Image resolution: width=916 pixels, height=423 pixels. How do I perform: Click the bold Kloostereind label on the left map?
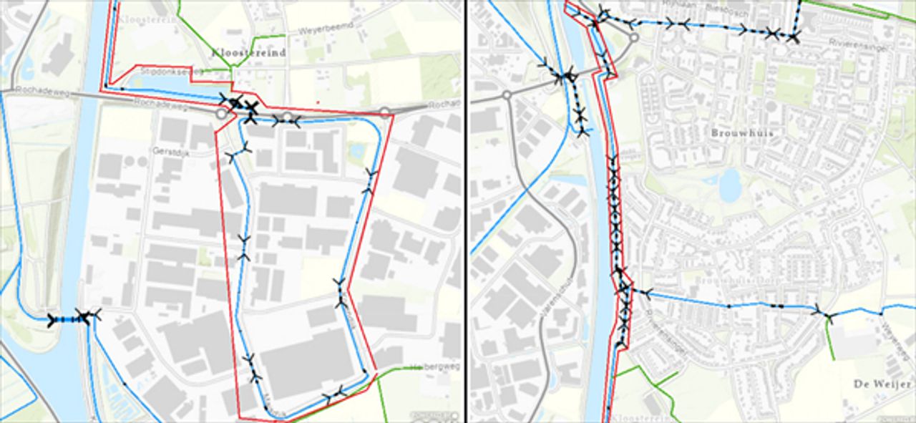(248, 53)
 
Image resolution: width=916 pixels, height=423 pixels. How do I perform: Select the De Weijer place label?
(882, 384)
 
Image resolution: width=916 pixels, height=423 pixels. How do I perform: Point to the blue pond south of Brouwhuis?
(729, 186)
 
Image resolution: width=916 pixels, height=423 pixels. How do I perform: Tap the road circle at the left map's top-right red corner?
(385, 112)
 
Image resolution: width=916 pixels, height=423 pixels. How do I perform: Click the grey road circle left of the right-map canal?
(507, 95)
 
